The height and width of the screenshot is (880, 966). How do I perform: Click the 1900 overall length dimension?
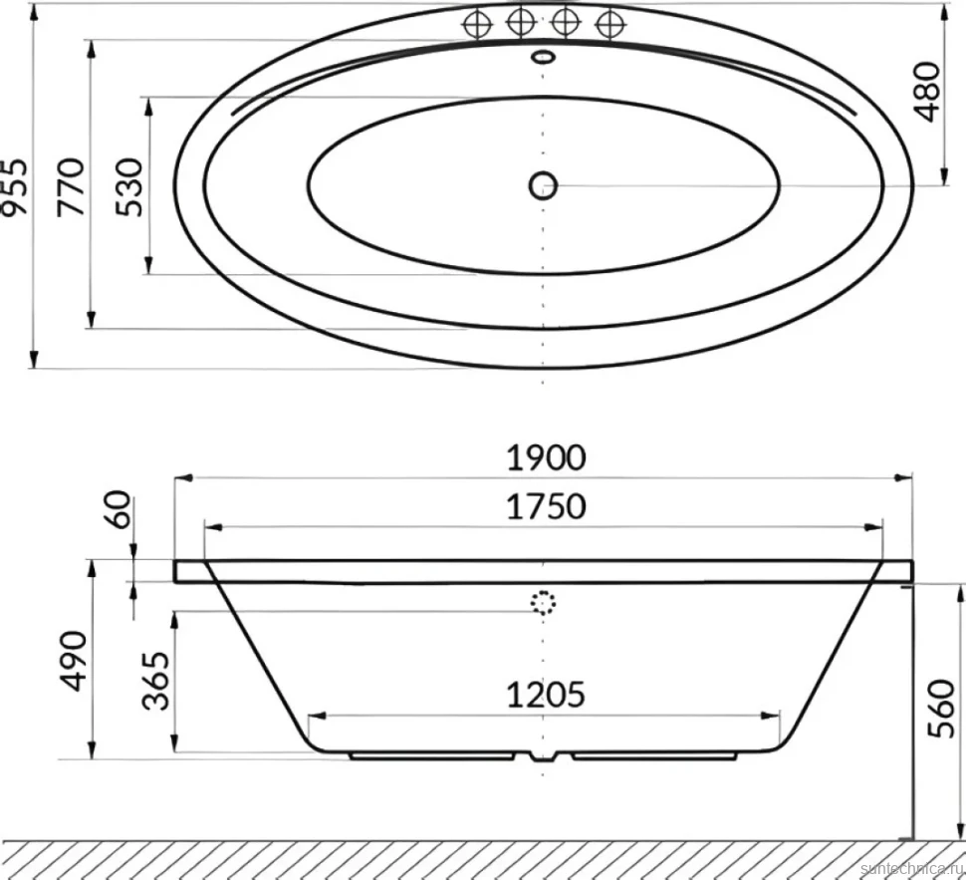point(546,458)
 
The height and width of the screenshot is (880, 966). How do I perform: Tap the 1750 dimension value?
point(546,507)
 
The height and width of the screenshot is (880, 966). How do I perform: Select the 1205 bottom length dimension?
point(546,695)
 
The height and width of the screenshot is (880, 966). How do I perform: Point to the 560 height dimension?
point(941,708)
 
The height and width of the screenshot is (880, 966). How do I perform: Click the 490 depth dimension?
point(74,661)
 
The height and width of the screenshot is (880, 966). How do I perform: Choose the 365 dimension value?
point(156,681)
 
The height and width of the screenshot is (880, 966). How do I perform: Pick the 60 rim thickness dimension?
point(120,509)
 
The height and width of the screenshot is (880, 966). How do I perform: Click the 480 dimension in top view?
point(926,92)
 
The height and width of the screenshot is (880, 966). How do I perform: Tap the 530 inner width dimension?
point(129,187)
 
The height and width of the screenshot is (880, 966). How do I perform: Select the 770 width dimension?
point(71,187)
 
